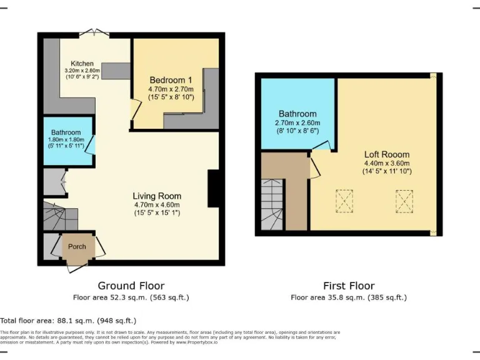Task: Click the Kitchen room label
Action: pyautogui.click(x=82, y=64)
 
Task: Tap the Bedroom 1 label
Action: pyautogui.click(x=171, y=81)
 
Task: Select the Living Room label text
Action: pyautogui.click(x=157, y=196)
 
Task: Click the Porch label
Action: pyautogui.click(x=77, y=246)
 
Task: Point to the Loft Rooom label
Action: pyautogui.click(x=387, y=154)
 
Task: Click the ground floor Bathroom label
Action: pyautogui.click(x=66, y=132)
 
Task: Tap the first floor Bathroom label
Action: pyautogui.click(x=297, y=114)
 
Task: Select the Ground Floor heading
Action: pyautogui.click(x=131, y=286)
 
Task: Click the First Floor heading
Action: pyautogui.click(x=349, y=286)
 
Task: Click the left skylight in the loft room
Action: pyautogui.click(x=344, y=201)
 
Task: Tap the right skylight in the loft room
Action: pyautogui.click(x=404, y=201)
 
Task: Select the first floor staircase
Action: pyautogui.click(x=272, y=203)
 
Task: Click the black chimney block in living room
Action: pyautogui.click(x=213, y=189)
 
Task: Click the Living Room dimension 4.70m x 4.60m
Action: pyautogui.click(x=157, y=205)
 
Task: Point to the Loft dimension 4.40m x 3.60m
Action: pyautogui.click(x=387, y=163)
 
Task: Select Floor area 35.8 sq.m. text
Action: pyautogui.click(x=349, y=297)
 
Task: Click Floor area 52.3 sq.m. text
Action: pyautogui.click(x=131, y=297)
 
